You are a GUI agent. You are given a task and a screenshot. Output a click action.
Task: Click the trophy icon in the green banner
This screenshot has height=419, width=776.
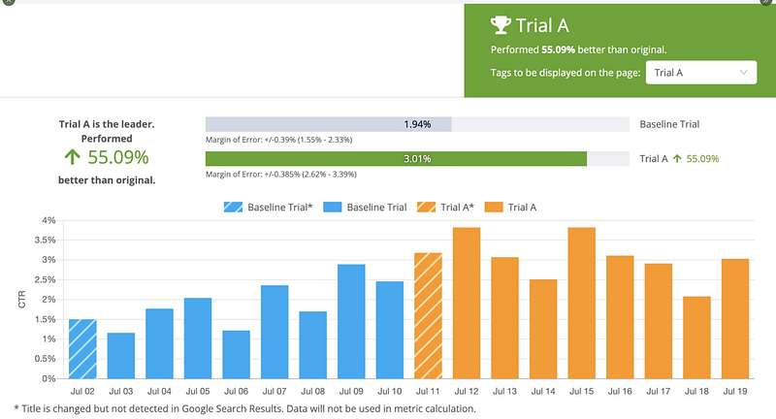coord(501,25)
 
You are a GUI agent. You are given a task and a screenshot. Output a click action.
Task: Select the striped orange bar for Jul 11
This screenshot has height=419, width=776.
coord(428,316)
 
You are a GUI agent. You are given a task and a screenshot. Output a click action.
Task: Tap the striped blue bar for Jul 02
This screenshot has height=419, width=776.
coord(82,349)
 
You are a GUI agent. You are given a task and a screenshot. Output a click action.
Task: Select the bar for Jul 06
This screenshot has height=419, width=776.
coord(236,355)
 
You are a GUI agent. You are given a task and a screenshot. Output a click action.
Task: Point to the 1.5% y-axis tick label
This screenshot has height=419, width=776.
coord(45,319)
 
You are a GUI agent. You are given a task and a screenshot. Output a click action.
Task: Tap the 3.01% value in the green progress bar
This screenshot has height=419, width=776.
coord(417,158)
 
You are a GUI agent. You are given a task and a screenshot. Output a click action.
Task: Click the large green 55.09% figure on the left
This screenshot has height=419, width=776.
coord(117,157)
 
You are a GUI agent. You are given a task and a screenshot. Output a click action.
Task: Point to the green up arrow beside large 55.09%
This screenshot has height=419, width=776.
coord(72,157)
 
